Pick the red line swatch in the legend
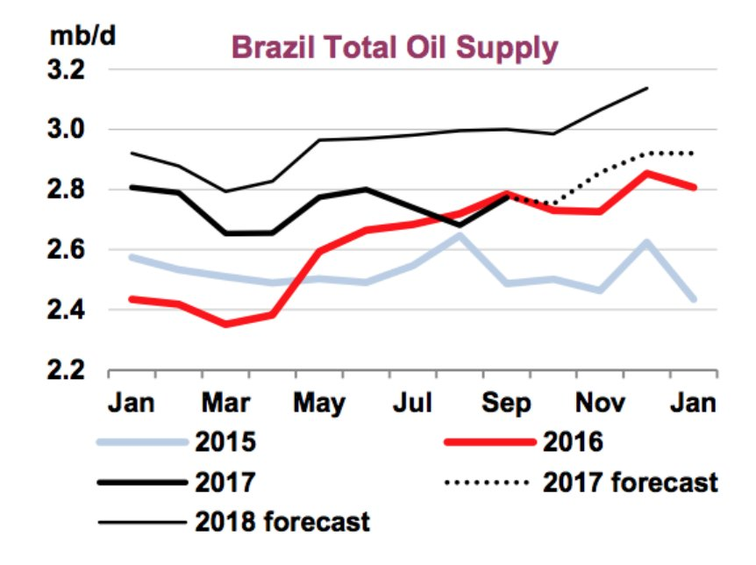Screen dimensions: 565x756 click(485, 441)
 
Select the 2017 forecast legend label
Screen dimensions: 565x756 click(630, 482)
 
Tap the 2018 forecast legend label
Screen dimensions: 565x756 click(282, 522)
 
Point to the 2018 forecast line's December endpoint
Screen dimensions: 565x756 click(647, 88)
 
